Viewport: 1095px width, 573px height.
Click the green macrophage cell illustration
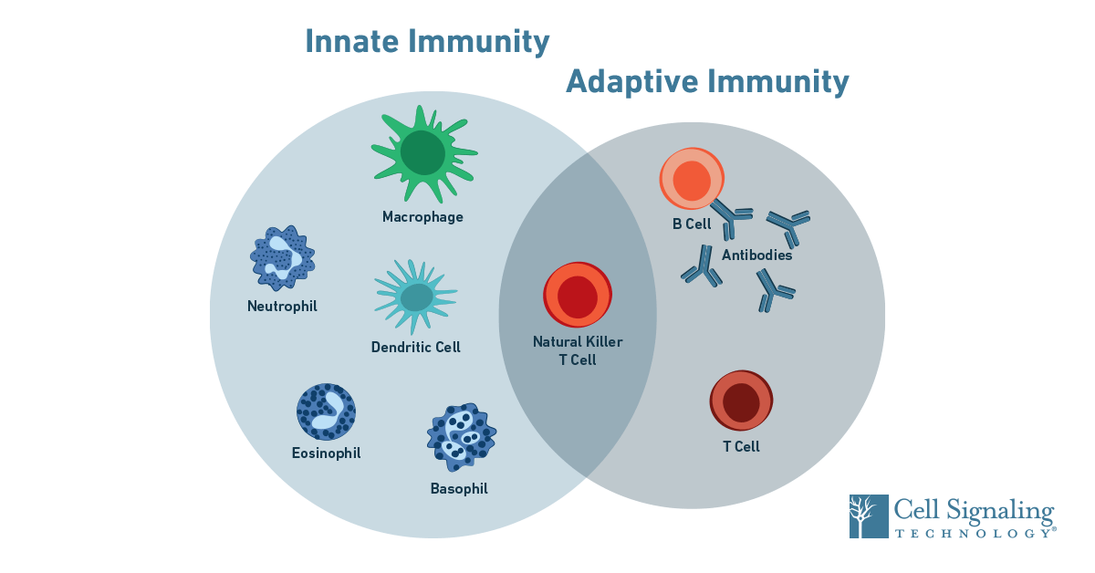(x=422, y=153)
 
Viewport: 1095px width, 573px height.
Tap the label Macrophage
(x=422, y=217)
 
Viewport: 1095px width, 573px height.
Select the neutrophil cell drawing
(x=282, y=258)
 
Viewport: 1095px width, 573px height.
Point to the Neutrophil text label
(x=282, y=307)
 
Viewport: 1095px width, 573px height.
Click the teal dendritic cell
(x=416, y=296)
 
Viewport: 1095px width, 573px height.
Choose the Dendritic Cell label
(x=415, y=348)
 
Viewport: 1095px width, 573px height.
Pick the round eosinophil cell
(x=326, y=412)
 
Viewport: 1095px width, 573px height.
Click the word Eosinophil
(x=326, y=453)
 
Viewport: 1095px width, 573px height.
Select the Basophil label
(x=459, y=489)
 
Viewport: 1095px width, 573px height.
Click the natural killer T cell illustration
(x=578, y=295)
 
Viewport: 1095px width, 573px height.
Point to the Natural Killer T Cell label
(x=578, y=350)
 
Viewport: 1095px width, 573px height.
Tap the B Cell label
(x=692, y=224)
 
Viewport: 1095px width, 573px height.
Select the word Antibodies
(x=756, y=255)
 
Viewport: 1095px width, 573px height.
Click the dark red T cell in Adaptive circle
(x=741, y=401)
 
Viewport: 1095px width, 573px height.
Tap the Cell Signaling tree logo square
(x=868, y=516)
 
